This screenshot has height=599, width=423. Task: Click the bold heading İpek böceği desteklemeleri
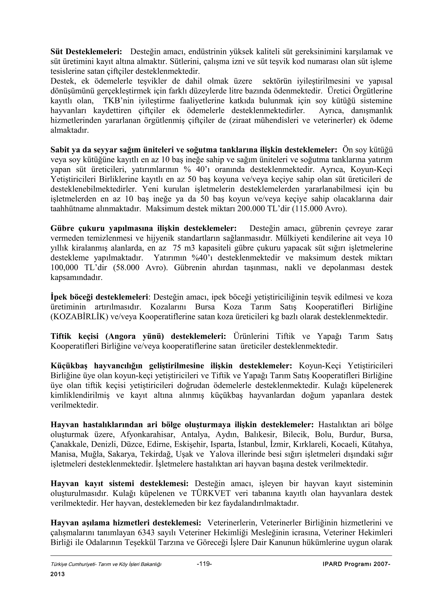tap(99, 297)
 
